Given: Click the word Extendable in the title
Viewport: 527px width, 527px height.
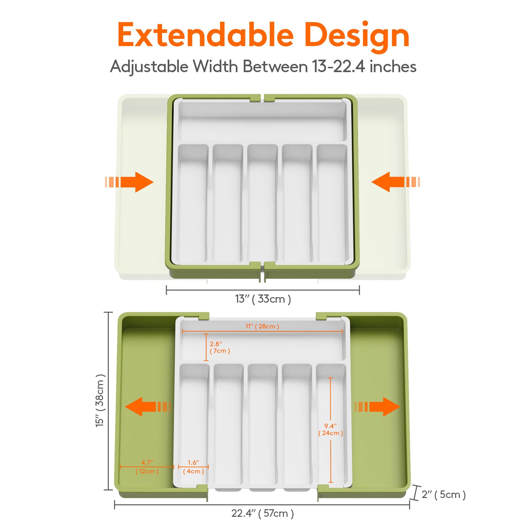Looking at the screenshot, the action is click(206, 35).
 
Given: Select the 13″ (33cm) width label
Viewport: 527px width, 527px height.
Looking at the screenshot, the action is click(263, 299).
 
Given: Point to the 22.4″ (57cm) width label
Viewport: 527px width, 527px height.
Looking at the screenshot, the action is click(263, 513).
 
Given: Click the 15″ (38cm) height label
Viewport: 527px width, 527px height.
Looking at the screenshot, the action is click(100, 401).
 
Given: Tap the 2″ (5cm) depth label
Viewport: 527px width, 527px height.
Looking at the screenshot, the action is click(444, 494).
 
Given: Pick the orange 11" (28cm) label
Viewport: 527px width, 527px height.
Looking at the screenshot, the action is click(262, 326).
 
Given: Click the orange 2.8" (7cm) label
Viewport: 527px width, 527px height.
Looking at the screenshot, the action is click(220, 347).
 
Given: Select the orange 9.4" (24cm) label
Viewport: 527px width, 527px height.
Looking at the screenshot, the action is click(331, 430).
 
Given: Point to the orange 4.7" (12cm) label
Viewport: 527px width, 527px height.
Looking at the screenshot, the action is click(147, 467).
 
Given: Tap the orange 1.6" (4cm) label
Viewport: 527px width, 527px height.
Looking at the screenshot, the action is click(193, 467).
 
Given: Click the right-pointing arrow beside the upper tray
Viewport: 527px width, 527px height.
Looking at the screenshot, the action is click(129, 182).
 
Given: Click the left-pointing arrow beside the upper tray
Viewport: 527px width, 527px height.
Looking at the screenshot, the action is click(396, 182).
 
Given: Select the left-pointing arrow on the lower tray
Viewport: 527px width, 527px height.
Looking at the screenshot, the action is click(148, 407).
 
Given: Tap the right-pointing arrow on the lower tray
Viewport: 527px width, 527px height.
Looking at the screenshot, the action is click(377, 407).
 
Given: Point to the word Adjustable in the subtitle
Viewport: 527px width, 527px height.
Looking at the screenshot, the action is click(149, 67).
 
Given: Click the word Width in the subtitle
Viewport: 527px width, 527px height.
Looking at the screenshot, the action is click(215, 67).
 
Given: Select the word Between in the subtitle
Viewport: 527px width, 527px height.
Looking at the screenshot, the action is click(275, 67).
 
